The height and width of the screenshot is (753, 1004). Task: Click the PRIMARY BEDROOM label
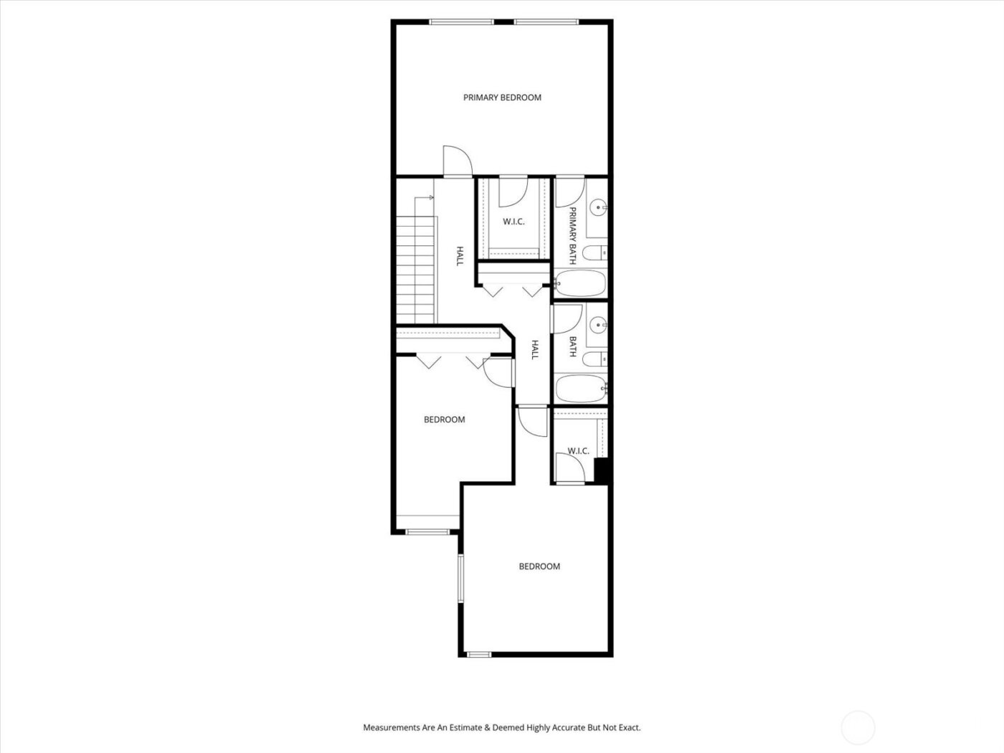[502, 98]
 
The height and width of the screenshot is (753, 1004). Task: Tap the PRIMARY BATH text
[573, 235]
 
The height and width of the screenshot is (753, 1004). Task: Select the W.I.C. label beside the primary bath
[513, 222]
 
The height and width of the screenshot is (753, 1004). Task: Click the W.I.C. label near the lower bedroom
[578, 451]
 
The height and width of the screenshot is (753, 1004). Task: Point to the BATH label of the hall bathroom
[573, 347]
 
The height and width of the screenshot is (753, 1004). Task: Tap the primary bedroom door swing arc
[456, 160]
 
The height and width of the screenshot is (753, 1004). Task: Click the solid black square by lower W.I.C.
[602, 470]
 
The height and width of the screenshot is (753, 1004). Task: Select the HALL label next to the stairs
[460, 256]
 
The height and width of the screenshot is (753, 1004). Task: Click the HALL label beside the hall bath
[534, 349]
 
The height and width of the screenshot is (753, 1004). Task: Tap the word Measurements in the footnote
[391, 727]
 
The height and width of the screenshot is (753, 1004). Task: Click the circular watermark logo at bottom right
[858, 727]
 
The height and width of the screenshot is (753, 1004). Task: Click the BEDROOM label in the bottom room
[539, 567]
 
